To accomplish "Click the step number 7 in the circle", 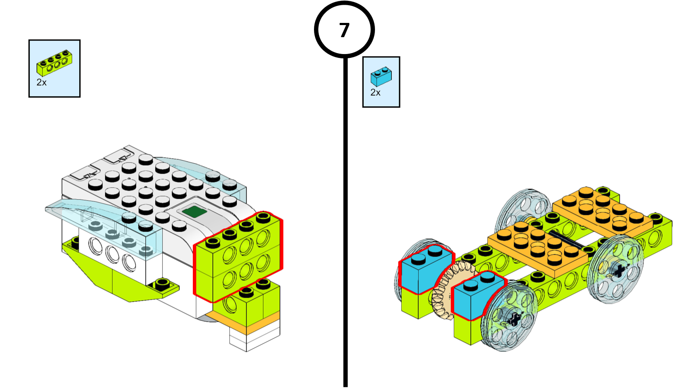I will click(344, 30).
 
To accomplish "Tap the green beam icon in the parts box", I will click(54, 63).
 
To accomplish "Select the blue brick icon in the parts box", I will click(381, 76).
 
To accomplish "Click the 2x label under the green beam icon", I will click(42, 83).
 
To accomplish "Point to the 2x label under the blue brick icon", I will click(375, 92).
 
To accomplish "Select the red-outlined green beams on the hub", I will click(238, 257).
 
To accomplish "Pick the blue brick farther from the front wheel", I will click(424, 270).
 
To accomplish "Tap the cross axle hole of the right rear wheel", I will click(619, 271).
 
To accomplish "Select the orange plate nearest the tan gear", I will click(536, 246).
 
